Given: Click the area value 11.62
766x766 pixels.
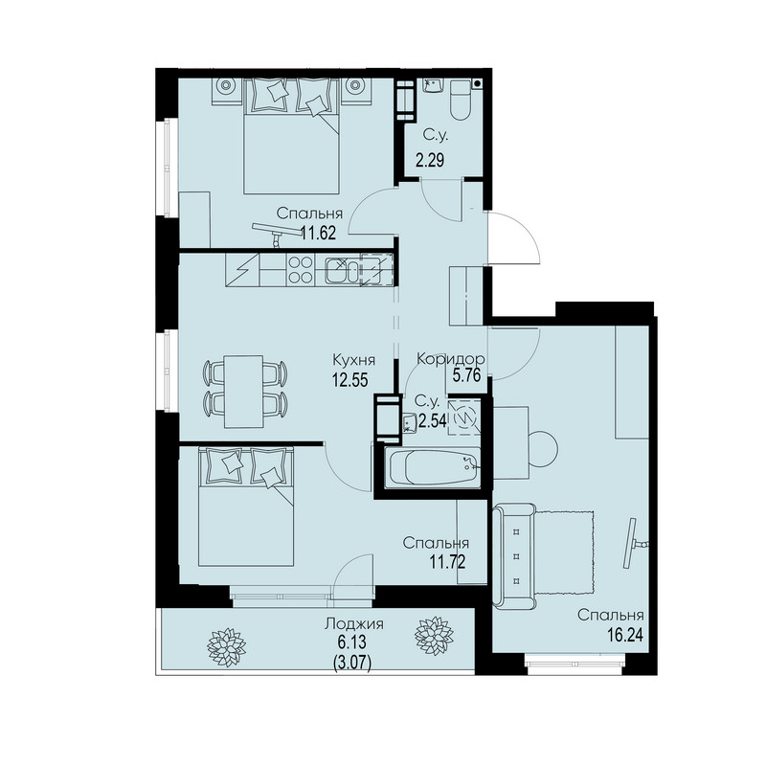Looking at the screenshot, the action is pyautogui.click(x=318, y=233).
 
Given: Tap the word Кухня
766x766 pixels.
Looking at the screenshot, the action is pyautogui.click(x=353, y=361).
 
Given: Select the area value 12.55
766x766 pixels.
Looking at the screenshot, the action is pyautogui.click(x=349, y=379).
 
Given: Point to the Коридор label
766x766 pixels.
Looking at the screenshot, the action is pyautogui.click(x=450, y=359).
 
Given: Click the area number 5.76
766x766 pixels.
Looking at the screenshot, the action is pyautogui.click(x=467, y=375).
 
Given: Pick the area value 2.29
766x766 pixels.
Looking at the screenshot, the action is pyautogui.click(x=430, y=160).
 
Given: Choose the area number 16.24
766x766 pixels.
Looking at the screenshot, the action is pyautogui.click(x=625, y=634).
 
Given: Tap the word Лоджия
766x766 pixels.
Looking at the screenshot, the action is pyautogui.click(x=354, y=623).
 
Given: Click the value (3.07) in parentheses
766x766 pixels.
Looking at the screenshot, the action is pyautogui.click(x=352, y=663).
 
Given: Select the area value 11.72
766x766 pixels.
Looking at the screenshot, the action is pyautogui.click(x=447, y=562).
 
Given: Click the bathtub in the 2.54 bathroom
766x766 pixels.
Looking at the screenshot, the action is pyautogui.click(x=433, y=468).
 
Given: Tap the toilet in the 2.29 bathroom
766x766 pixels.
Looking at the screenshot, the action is pyautogui.click(x=461, y=101).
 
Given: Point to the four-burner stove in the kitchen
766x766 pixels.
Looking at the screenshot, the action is pyautogui.click(x=301, y=270).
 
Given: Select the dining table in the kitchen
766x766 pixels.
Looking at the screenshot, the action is pyautogui.click(x=243, y=392).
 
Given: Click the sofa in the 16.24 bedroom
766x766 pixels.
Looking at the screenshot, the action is pyautogui.click(x=514, y=556).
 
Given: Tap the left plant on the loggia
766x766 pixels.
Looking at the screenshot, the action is pyautogui.click(x=226, y=647).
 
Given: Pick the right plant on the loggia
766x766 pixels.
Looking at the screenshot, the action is pyautogui.click(x=434, y=636).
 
